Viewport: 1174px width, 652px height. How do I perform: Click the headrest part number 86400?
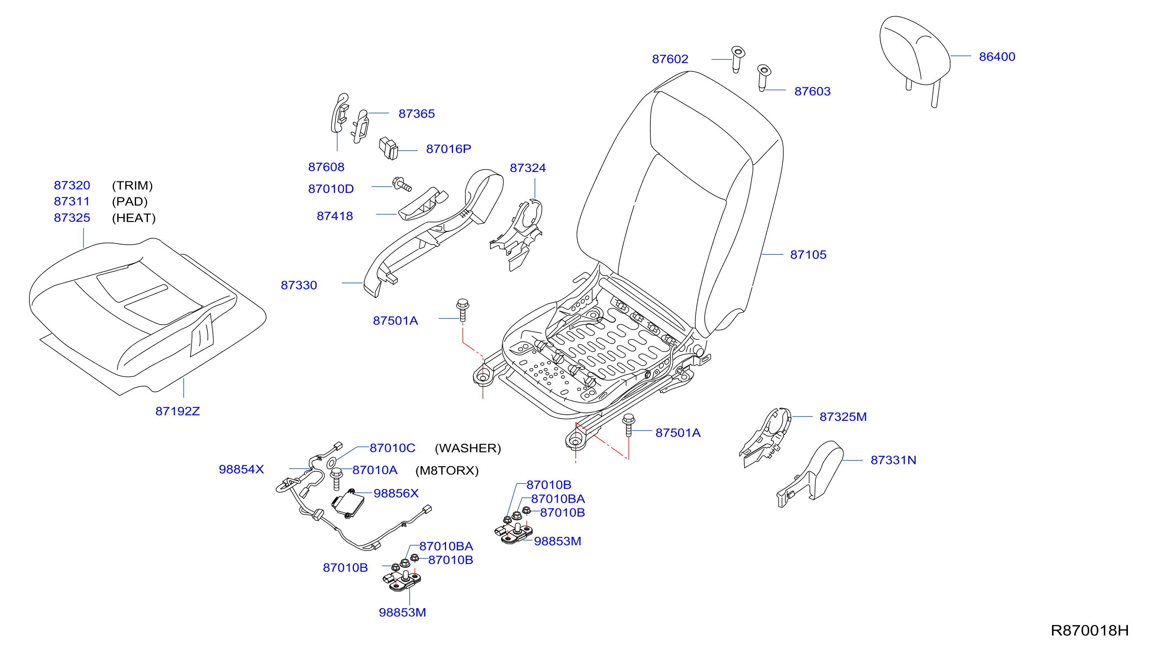pos(997,57)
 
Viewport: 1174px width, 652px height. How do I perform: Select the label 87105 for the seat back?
pos(808,254)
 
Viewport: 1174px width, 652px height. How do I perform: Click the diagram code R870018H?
pos(1089,630)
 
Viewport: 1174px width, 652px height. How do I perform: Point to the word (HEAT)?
pos(133,218)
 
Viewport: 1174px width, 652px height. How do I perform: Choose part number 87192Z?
pos(177,411)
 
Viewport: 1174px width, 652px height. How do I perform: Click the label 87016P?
pos(448,149)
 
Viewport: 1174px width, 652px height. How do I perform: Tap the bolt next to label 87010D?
pos(402,184)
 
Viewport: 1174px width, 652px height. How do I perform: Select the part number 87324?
pos(528,168)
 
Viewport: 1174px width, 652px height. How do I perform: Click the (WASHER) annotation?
pos(468,448)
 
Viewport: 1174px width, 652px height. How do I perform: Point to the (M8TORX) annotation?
pos(447,471)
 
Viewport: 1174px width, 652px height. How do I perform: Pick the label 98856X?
pos(396,493)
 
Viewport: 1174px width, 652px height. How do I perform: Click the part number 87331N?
pos(893,460)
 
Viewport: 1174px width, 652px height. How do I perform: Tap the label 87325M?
pos(843,417)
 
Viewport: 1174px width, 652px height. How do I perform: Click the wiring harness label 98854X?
pos(241,469)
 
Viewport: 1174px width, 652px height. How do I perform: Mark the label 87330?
pos(299,285)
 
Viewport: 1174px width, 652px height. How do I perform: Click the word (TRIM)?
pos(132,185)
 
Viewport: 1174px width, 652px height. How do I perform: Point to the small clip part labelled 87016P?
pos(388,149)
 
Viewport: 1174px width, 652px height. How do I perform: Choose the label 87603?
pos(812,91)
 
